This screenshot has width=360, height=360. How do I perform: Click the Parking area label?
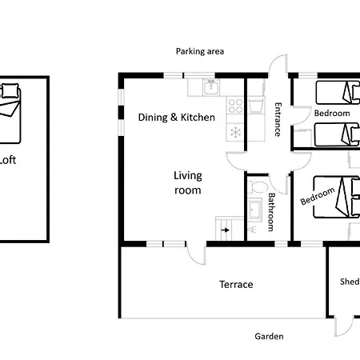pyautogui.click(x=200, y=51)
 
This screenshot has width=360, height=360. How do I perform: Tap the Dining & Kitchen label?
pyautogui.click(x=177, y=118)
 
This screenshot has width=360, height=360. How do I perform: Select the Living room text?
pyautogui.click(x=188, y=183)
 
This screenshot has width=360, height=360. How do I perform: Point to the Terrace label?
pyautogui.click(x=236, y=285)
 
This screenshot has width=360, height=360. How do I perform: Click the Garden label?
pyautogui.click(x=269, y=336)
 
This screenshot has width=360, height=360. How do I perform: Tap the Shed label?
pyautogui.click(x=350, y=282)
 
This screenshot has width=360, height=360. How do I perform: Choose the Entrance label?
pyautogui.click(x=278, y=119)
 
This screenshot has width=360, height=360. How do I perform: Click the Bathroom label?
pyautogui.click(x=271, y=212)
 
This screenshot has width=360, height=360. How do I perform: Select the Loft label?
pyautogui.click(x=7, y=160)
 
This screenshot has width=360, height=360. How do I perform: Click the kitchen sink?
pyautogui.click(x=211, y=87)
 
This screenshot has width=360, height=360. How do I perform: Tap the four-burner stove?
pyautogui.click(x=235, y=106)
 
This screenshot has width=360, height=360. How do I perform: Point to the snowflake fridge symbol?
pyautogui.click(x=235, y=132)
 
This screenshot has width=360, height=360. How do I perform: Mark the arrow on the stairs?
pyautogui.click(x=226, y=230)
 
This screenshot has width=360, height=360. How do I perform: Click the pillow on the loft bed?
pyautogui.click(x=10, y=90)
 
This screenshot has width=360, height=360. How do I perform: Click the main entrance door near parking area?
pyautogui.click(x=278, y=65)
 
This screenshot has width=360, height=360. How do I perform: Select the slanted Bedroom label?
pyautogui.click(x=318, y=196)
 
